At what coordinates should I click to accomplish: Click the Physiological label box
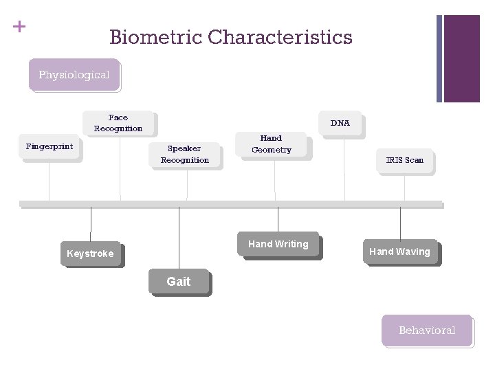[74, 75]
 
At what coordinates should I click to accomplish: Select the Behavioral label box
[427, 330]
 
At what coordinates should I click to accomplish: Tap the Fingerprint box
[49, 147]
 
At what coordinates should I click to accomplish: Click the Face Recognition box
[118, 123]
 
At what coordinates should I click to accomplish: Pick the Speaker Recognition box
[185, 155]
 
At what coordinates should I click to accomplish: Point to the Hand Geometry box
[272, 144]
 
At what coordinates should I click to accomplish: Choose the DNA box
[340, 124]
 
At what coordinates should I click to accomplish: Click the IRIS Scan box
[404, 161]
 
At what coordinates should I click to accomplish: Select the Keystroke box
[90, 254]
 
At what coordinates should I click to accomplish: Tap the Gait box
[179, 281]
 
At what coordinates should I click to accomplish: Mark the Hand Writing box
[278, 244]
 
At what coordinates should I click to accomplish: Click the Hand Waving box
[399, 251]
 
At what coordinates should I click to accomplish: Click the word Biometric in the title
[155, 37]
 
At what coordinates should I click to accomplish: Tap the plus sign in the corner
[19, 27]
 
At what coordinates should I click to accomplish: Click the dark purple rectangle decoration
[461, 58]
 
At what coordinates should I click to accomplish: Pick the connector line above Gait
[179, 237]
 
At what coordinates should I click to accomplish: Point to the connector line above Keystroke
[91, 224]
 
